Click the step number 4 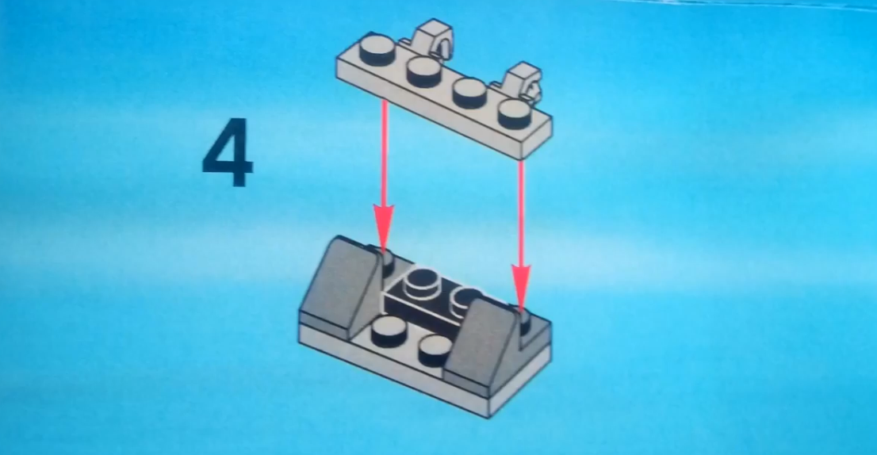click(x=228, y=152)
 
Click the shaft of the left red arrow click(x=384, y=153)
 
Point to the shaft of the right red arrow click(x=521, y=213)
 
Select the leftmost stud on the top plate click(x=377, y=50)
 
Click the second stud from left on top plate click(x=424, y=71)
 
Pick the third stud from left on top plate click(x=469, y=93)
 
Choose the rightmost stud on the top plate click(x=515, y=114)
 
